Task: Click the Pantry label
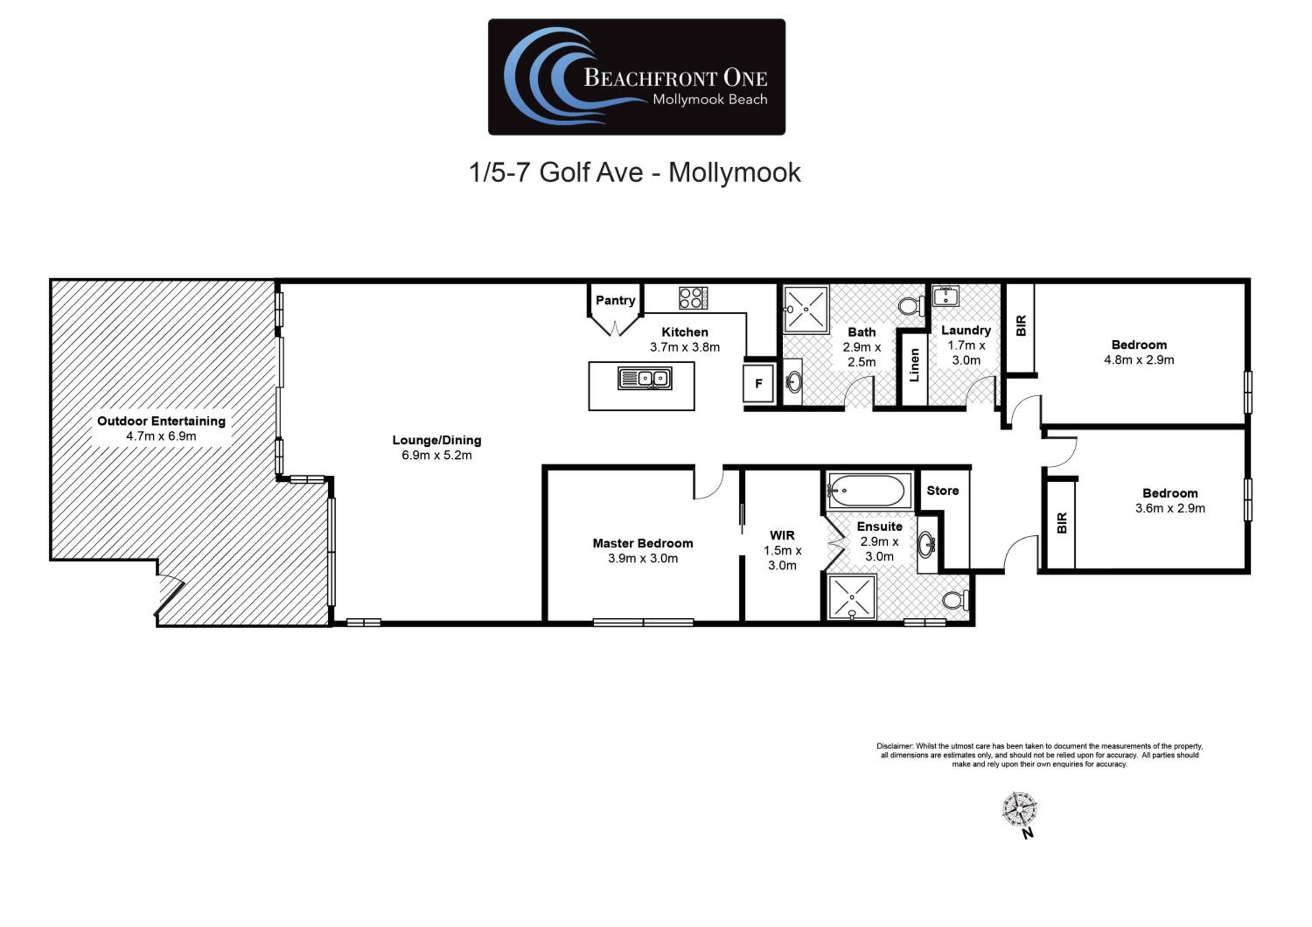pyautogui.click(x=615, y=300)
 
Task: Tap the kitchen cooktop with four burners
pyautogui.click(x=693, y=298)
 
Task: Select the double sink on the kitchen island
pyautogui.click(x=645, y=378)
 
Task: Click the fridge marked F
pyautogui.click(x=759, y=383)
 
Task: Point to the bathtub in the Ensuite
pyautogui.click(x=869, y=491)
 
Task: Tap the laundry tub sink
pyautogui.click(x=946, y=296)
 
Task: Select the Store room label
pyautogui.click(x=943, y=491)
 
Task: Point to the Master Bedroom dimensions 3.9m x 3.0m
pyautogui.click(x=643, y=558)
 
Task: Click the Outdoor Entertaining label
pyautogui.click(x=161, y=421)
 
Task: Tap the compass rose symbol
pyautogui.click(x=1019, y=809)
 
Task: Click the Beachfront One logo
pyautogui.click(x=637, y=77)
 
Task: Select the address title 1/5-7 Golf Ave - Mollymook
pyautogui.click(x=635, y=172)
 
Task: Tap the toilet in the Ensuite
pyautogui.click(x=955, y=600)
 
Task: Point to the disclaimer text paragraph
pyautogui.click(x=1040, y=755)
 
